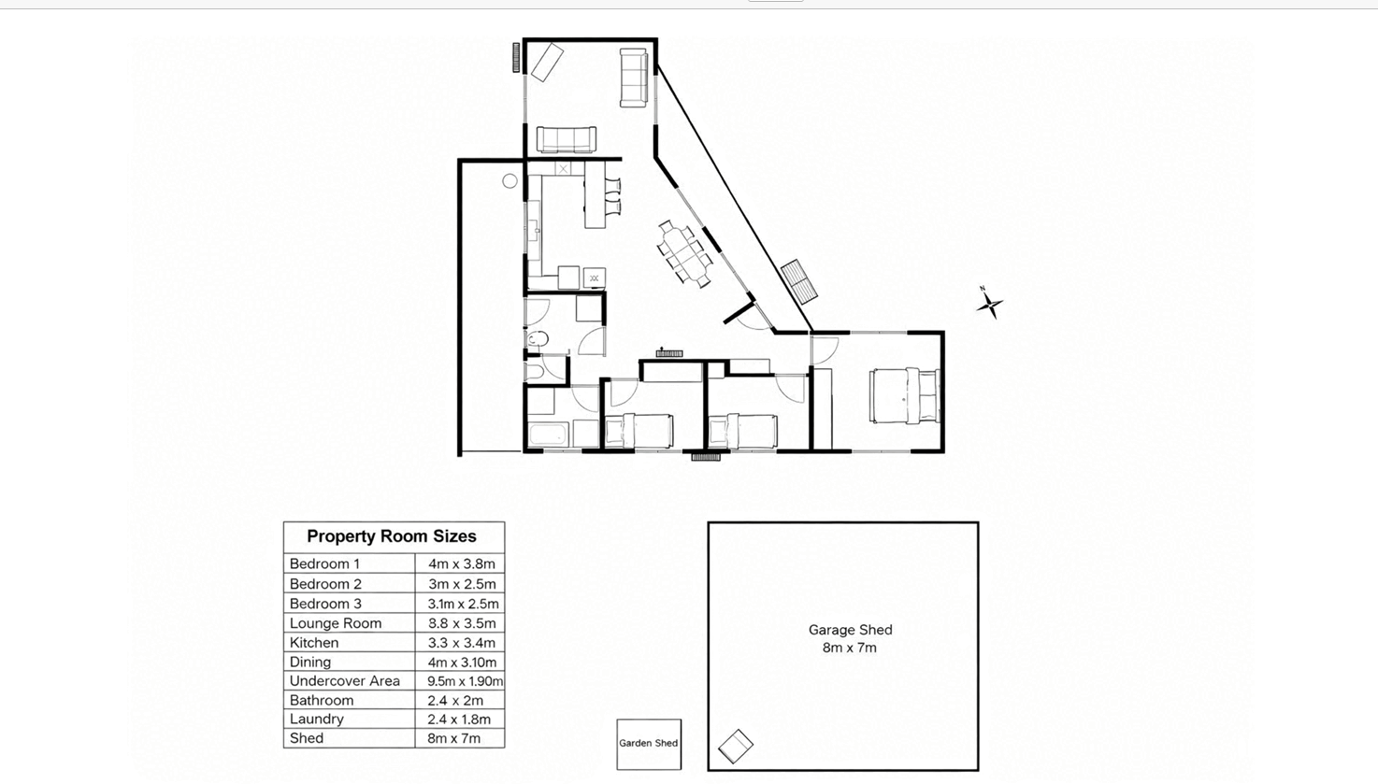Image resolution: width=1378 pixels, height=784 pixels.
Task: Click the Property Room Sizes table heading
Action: click(x=392, y=536)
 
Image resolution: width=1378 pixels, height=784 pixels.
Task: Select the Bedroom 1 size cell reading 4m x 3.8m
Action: click(x=462, y=563)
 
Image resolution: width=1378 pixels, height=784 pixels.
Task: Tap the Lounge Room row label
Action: click(x=336, y=623)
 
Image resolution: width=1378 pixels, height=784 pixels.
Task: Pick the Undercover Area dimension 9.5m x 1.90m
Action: click(x=465, y=681)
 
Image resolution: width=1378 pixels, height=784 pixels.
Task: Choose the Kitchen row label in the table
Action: click(x=314, y=643)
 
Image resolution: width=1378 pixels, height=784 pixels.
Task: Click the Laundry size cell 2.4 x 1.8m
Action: click(x=459, y=720)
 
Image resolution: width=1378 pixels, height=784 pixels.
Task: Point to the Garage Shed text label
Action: click(x=850, y=630)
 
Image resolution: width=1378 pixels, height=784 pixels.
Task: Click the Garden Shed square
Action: click(x=649, y=744)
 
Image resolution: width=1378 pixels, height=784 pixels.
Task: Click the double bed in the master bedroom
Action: click(x=904, y=395)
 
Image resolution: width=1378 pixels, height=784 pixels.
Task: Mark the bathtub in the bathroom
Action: click(x=547, y=435)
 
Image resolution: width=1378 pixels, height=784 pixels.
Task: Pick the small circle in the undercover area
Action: click(x=510, y=180)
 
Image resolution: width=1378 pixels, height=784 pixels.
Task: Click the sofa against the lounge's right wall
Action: click(x=633, y=78)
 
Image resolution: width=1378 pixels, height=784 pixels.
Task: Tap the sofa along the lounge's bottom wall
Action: click(x=566, y=139)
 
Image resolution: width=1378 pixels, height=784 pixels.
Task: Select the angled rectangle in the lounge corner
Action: click(x=548, y=62)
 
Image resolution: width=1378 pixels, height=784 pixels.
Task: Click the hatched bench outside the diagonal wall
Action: click(x=799, y=281)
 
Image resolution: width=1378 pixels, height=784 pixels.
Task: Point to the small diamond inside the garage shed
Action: click(x=736, y=747)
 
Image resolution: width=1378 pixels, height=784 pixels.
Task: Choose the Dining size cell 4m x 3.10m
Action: click(x=462, y=663)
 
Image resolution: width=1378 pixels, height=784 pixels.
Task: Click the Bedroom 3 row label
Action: click(x=325, y=604)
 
